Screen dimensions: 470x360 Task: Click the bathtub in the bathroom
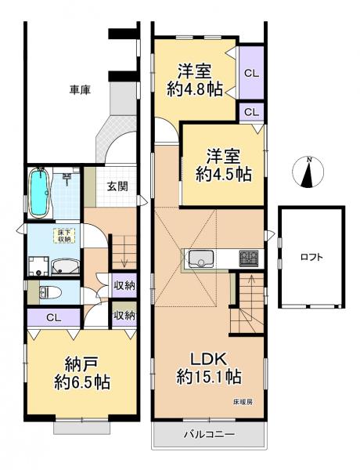40,193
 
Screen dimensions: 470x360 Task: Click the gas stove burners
250,258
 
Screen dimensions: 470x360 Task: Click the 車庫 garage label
80,90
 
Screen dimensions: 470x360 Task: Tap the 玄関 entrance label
117,186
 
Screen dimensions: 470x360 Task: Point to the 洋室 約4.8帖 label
194,78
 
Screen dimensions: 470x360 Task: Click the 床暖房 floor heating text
242,402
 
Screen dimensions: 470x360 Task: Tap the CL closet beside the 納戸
52,317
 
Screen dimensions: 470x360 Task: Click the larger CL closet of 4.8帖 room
251,74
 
